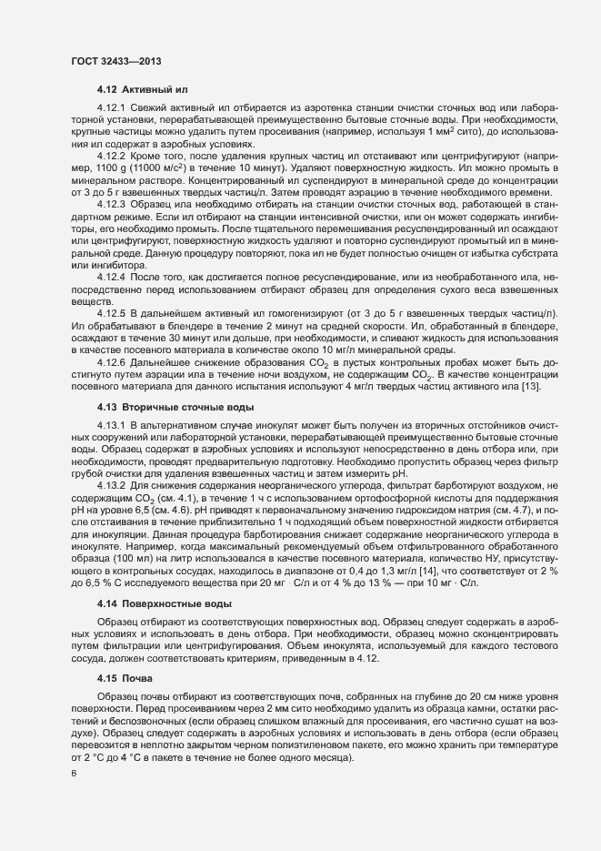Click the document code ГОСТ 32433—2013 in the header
click(117, 60)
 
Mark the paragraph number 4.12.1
click(111, 111)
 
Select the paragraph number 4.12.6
click(111, 362)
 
